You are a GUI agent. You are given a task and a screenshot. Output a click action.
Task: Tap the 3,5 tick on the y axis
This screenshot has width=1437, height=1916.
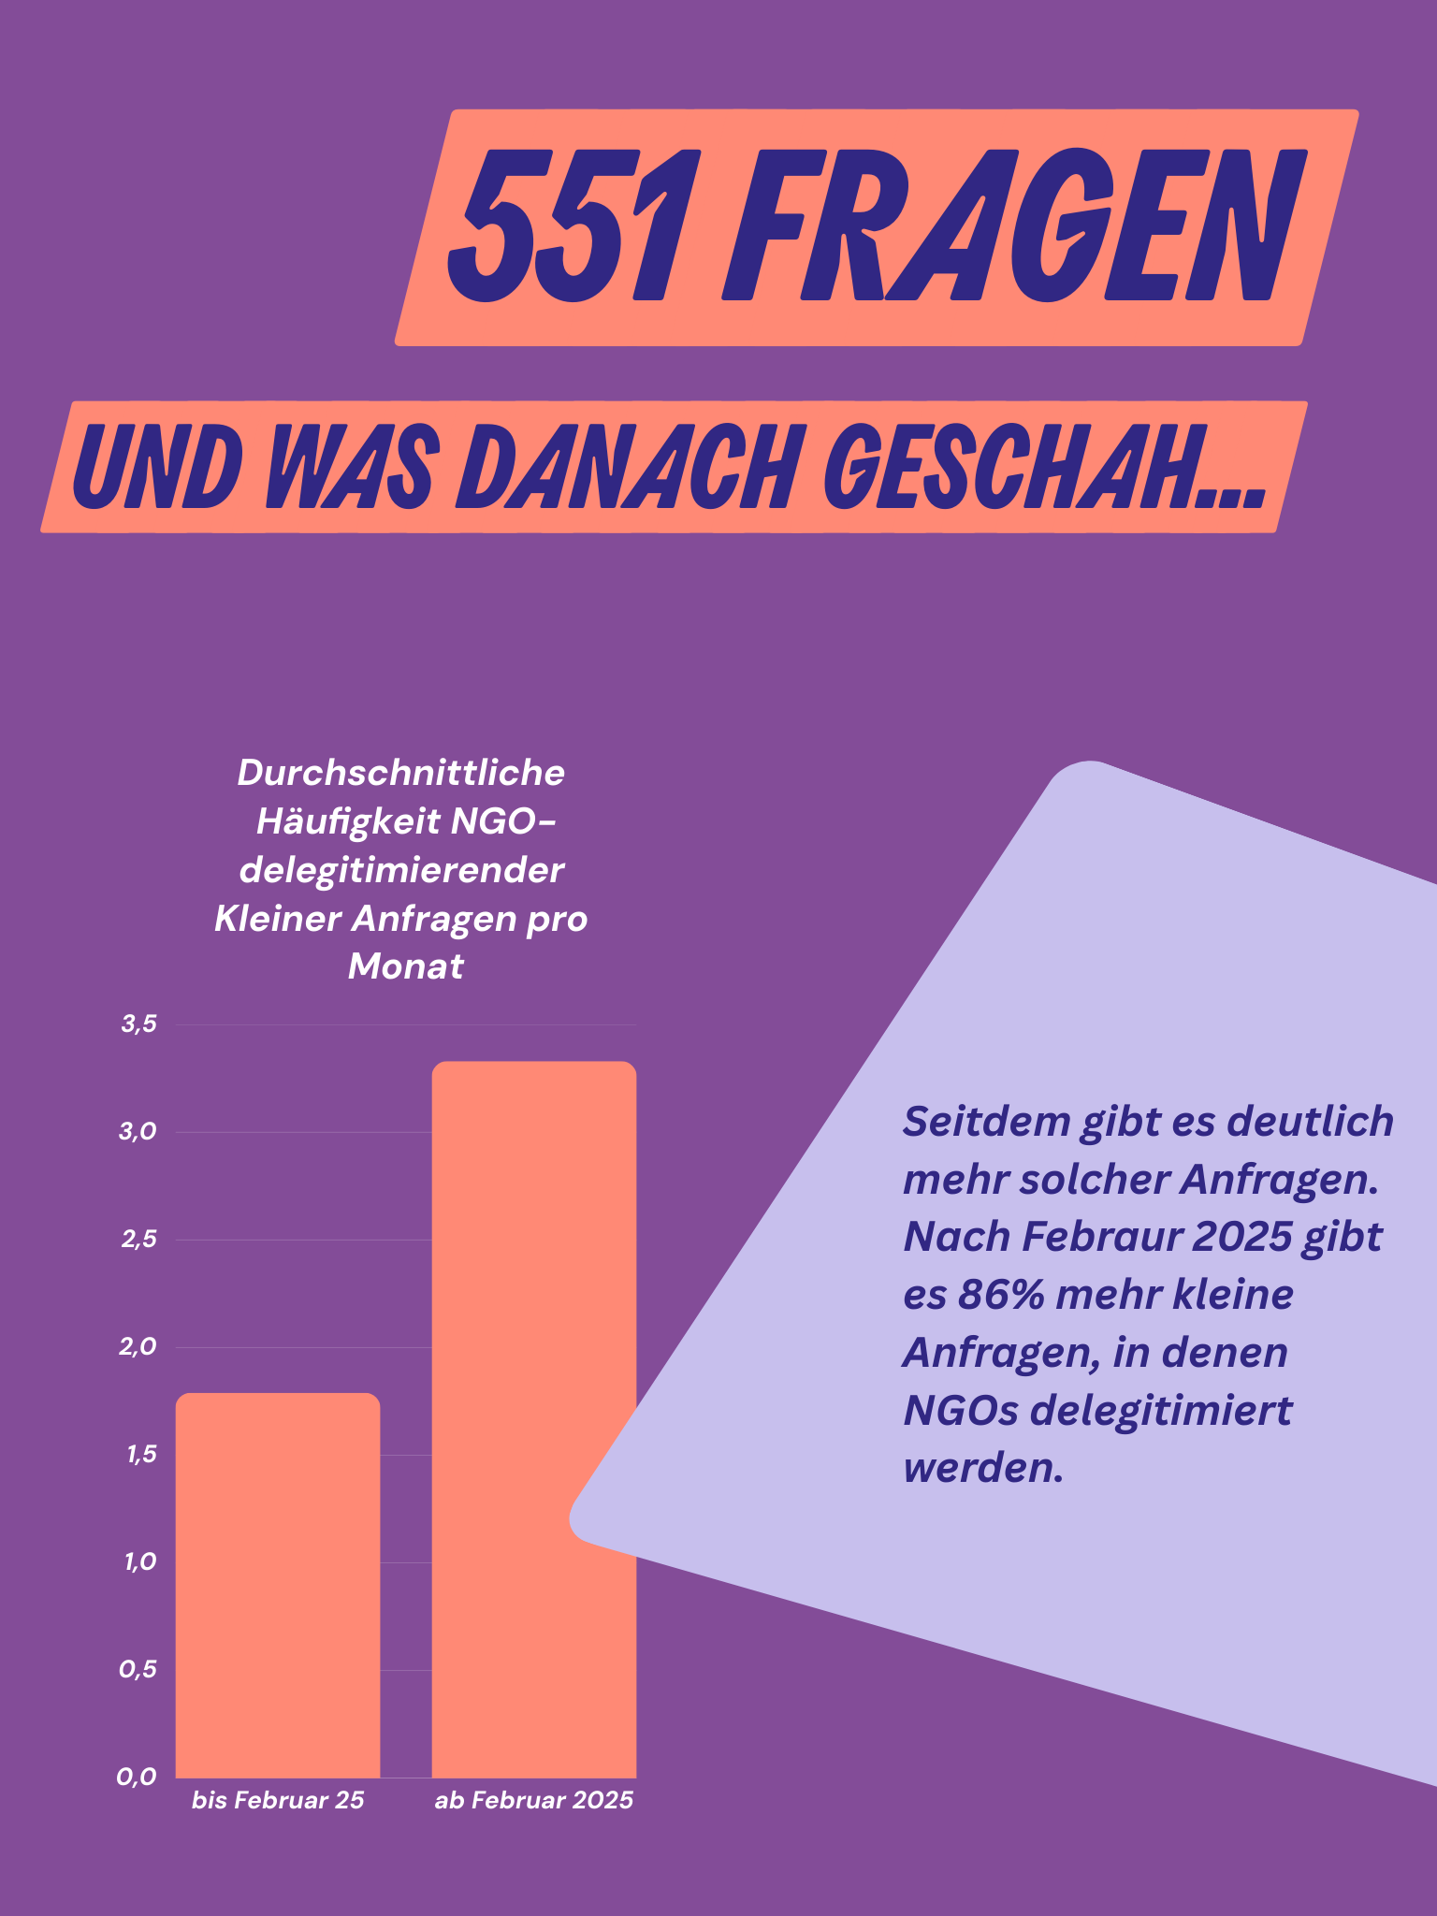pyautogui.click(x=138, y=1024)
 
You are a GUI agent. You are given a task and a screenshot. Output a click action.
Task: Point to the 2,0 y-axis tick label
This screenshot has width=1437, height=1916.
pyautogui.click(x=138, y=1347)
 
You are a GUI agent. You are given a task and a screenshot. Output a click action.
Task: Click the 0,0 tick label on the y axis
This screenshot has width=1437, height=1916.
pyautogui.click(x=137, y=1778)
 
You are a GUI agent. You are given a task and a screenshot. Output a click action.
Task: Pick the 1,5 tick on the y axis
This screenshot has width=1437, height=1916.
pyautogui.click(x=138, y=1455)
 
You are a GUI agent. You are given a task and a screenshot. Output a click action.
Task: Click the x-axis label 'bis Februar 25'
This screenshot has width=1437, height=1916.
pyautogui.click(x=278, y=1801)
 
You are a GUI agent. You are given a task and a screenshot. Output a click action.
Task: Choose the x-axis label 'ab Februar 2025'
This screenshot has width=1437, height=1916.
pyautogui.click(x=533, y=1801)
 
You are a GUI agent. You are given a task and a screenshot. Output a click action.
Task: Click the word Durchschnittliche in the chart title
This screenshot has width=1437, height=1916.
pyautogui.click(x=401, y=774)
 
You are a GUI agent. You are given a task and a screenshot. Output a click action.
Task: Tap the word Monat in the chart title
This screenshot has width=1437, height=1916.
pyautogui.click(x=405, y=966)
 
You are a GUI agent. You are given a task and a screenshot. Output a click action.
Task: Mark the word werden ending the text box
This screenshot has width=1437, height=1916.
pyautogui.click(x=982, y=1468)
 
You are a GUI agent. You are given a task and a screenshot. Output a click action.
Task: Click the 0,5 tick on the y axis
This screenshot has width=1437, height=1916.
pyautogui.click(x=138, y=1670)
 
